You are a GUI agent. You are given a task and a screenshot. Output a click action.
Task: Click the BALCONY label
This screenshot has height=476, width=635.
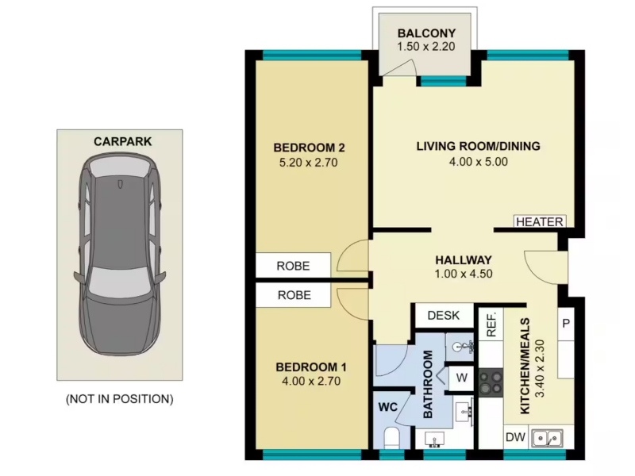point(426,33)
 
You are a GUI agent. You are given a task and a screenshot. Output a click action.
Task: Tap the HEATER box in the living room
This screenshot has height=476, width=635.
point(540,221)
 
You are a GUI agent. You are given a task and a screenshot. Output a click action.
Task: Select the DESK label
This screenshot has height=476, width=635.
point(444,315)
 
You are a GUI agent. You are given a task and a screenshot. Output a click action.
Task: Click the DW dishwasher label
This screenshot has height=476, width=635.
point(515,437)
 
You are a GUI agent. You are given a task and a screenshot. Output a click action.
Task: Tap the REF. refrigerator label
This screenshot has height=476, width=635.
point(491,325)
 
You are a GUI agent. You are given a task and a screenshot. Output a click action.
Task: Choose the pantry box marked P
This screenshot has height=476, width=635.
point(566,324)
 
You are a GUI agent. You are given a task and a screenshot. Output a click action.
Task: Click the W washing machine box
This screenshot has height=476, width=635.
point(461,378)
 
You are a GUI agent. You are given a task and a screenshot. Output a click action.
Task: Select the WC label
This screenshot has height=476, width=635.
point(387,407)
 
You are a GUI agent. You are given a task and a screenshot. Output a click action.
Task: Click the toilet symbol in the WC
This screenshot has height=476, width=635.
point(391,438)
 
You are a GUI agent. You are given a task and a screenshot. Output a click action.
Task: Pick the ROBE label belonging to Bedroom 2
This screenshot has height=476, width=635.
point(293,266)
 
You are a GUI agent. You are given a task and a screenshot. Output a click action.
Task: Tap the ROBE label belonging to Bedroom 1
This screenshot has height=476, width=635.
point(294,295)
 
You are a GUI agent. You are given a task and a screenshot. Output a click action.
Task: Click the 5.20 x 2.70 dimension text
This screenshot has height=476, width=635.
point(308,163)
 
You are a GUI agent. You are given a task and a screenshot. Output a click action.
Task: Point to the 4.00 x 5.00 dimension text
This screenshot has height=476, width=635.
point(479,162)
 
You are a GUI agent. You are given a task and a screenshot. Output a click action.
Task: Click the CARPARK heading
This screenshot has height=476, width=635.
point(123,142)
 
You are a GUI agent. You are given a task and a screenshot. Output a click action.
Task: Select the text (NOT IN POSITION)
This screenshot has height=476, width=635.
point(120,399)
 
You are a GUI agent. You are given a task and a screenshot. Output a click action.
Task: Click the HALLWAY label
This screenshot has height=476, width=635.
point(464,260)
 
